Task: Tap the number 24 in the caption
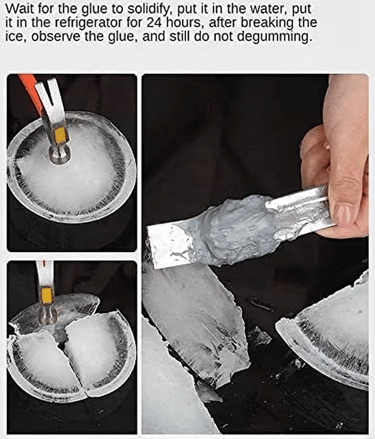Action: click(154, 23)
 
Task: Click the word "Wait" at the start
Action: click(18, 9)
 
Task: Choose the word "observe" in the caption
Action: click(55, 37)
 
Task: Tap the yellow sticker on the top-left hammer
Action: click(61, 134)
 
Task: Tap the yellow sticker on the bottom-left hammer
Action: click(47, 296)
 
